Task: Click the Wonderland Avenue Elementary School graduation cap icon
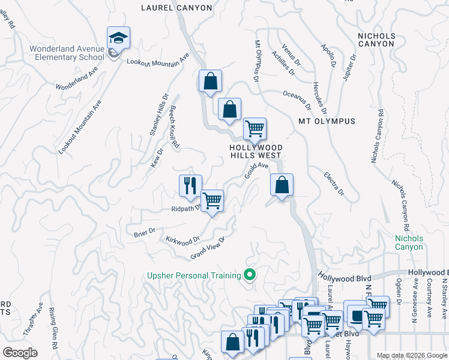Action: (118, 38)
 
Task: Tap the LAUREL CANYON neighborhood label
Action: (176, 8)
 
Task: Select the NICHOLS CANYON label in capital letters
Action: (376, 40)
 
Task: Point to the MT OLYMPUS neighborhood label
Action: (327, 121)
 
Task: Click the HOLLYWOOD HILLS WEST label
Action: (256, 151)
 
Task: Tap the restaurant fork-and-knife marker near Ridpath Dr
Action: (190, 184)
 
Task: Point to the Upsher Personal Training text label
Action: (194, 276)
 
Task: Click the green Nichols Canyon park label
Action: (409, 242)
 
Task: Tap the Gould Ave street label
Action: (256, 169)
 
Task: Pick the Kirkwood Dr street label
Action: (182, 239)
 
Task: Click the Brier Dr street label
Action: (145, 231)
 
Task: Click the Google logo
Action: (20, 353)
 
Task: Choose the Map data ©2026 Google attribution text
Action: (412, 355)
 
